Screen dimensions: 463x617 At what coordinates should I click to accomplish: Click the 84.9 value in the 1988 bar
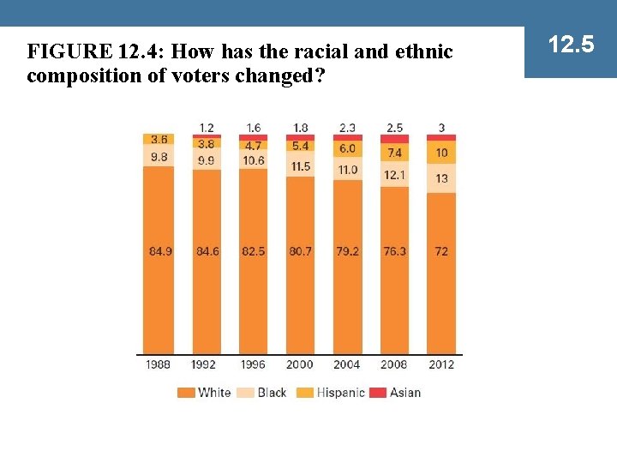(x=159, y=251)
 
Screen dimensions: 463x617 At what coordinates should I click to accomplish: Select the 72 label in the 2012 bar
(x=441, y=251)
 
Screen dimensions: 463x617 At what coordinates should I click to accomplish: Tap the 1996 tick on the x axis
(x=253, y=364)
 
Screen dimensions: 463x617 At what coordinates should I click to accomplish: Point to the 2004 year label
(x=346, y=364)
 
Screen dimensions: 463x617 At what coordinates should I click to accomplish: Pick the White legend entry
(x=205, y=393)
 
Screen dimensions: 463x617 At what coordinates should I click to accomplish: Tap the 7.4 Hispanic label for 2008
(x=394, y=153)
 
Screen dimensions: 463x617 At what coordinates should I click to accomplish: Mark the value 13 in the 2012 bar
(x=441, y=178)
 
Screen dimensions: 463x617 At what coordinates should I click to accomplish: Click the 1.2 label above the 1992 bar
(x=206, y=128)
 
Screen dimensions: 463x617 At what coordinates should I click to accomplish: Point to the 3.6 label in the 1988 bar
(x=159, y=139)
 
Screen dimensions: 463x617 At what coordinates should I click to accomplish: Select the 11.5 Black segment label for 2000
(x=300, y=166)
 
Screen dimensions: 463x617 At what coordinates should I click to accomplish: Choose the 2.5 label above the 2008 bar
(x=394, y=128)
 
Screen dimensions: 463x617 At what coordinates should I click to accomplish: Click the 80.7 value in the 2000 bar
(x=300, y=251)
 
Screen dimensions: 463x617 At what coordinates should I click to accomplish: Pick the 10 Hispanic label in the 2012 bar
(x=441, y=153)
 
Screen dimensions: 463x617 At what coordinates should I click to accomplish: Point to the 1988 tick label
(x=159, y=364)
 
